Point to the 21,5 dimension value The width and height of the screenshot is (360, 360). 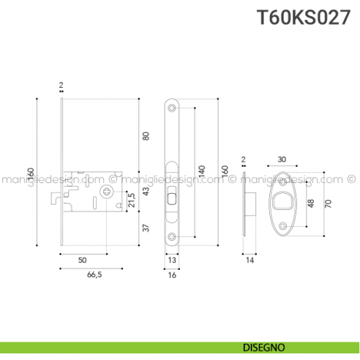point(132,199)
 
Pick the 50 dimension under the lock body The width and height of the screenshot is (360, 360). point(83,260)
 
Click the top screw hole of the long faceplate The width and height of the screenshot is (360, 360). point(173,108)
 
